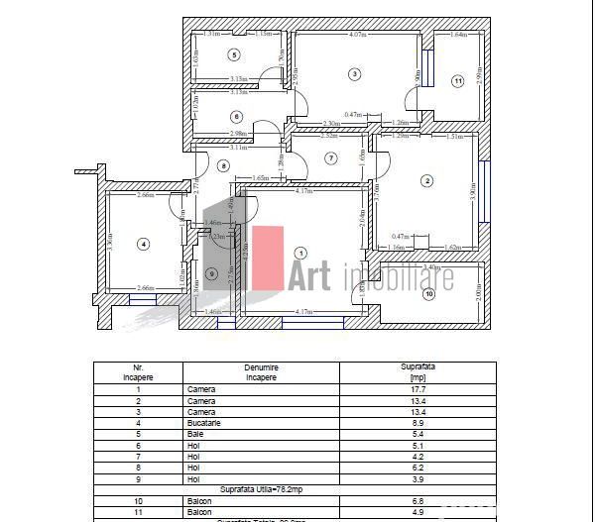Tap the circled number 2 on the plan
(426, 180)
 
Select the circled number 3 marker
(353, 73)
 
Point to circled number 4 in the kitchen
(143, 244)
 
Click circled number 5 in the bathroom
(234, 55)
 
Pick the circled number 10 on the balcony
(429, 294)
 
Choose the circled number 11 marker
(457, 81)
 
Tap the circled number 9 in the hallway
(211, 274)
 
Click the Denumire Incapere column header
(261, 371)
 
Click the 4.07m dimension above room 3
(358, 37)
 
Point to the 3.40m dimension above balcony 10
(430, 267)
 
